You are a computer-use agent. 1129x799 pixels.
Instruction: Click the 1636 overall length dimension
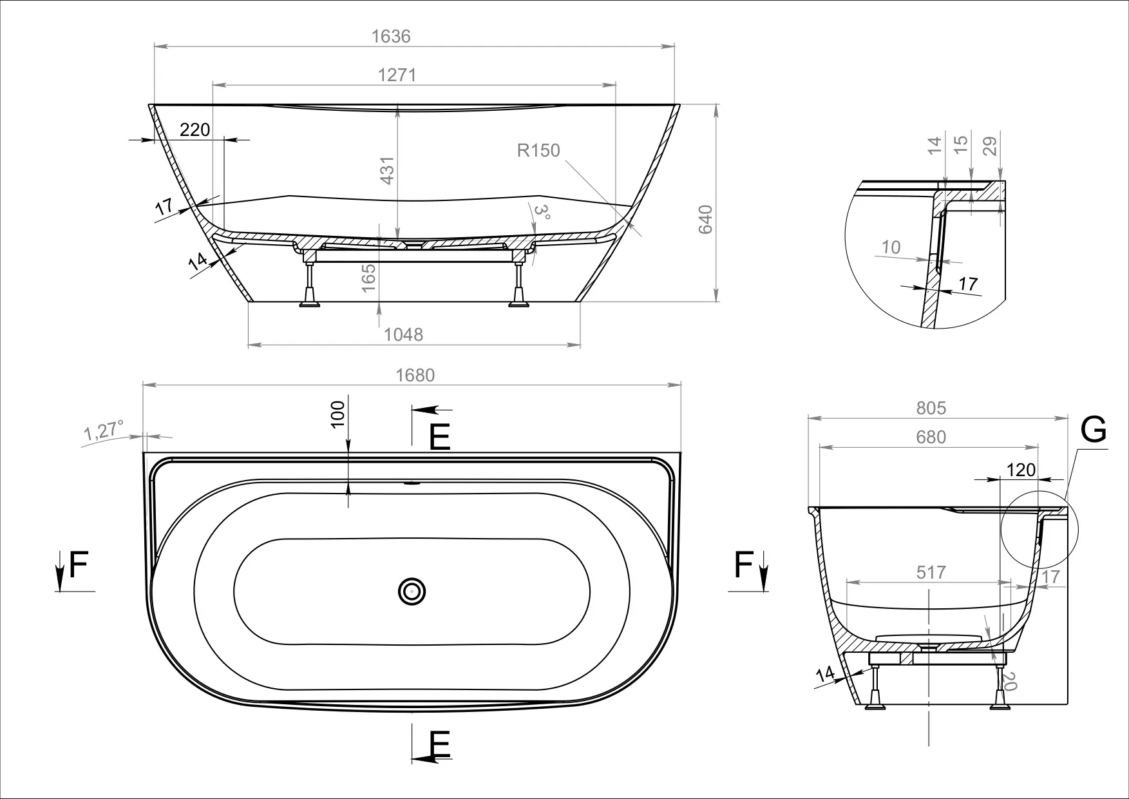391,36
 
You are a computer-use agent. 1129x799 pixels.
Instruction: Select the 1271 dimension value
397,75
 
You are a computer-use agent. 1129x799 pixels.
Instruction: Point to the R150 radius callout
538,150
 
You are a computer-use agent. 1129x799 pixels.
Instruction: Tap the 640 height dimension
705,219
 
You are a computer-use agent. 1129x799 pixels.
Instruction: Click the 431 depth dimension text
386,170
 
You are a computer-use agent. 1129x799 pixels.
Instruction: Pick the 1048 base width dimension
403,334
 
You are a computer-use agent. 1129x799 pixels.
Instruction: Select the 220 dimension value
194,130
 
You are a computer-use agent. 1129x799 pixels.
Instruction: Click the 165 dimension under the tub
368,278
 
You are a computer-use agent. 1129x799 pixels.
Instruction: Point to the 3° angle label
543,213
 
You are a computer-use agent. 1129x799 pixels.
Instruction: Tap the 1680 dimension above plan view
415,375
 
